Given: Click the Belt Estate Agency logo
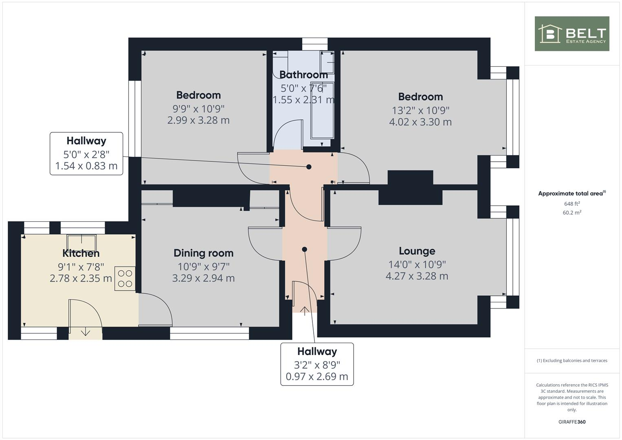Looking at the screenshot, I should [x=571, y=34].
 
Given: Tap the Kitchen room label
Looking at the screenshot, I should [x=81, y=253].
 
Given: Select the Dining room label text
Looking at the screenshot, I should [x=203, y=253].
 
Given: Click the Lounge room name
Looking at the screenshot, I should [x=417, y=251].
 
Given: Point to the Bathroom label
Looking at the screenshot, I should [x=303, y=75].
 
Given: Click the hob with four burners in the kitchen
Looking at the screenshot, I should [x=125, y=279].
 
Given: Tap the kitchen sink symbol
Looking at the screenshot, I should [x=81, y=242].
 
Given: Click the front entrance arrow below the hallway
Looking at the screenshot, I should [x=305, y=311].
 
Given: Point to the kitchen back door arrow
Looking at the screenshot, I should [x=86, y=332].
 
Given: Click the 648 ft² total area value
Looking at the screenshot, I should [x=572, y=204].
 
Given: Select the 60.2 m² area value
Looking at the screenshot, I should [x=572, y=212].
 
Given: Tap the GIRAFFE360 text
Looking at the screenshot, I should [x=572, y=422].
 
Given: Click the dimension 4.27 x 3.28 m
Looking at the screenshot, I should [x=417, y=276].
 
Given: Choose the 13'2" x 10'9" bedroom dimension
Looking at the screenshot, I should [x=420, y=110].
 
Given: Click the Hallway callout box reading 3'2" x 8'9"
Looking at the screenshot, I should [x=317, y=364].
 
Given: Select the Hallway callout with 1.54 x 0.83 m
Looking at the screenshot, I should [x=86, y=154].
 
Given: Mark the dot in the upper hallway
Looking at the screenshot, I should [x=309, y=167].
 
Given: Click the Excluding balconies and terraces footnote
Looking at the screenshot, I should [x=572, y=361].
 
